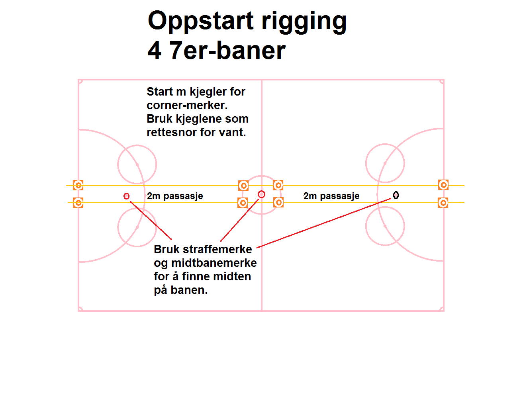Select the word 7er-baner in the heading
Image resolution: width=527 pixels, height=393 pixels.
(227, 51)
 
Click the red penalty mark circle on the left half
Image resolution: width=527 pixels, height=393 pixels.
(127, 196)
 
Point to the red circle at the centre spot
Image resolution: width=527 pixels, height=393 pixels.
(261, 194)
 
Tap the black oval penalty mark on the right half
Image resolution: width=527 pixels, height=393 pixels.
(396, 195)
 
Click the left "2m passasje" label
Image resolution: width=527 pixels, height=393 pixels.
(175, 196)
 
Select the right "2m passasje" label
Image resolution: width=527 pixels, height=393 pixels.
(331, 196)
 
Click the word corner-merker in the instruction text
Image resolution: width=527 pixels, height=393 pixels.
(187, 106)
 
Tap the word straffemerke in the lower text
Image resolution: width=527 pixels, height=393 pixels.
(217, 249)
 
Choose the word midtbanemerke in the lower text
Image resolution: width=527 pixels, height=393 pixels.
(214, 263)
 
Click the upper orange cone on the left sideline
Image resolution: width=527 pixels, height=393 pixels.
(78, 185)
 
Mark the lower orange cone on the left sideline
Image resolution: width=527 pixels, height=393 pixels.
(78, 203)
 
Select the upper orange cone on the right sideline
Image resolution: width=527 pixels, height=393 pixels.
(443, 185)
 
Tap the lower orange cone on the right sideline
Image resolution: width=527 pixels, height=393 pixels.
(443, 203)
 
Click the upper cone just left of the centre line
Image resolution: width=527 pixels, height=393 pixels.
(243, 186)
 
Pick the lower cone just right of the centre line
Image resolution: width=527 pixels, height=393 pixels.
(278, 203)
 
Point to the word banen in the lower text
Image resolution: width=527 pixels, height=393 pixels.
(189, 290)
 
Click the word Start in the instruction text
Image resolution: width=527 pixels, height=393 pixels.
(160, 92)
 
